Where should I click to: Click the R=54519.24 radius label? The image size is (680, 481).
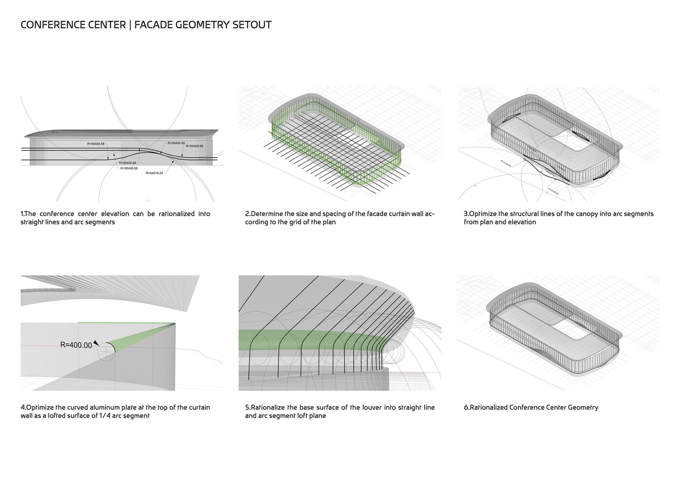(x=154, y=173)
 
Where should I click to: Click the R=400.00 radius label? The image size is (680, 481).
(x=76, y=345)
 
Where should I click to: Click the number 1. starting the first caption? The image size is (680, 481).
(x=23, y=214)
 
